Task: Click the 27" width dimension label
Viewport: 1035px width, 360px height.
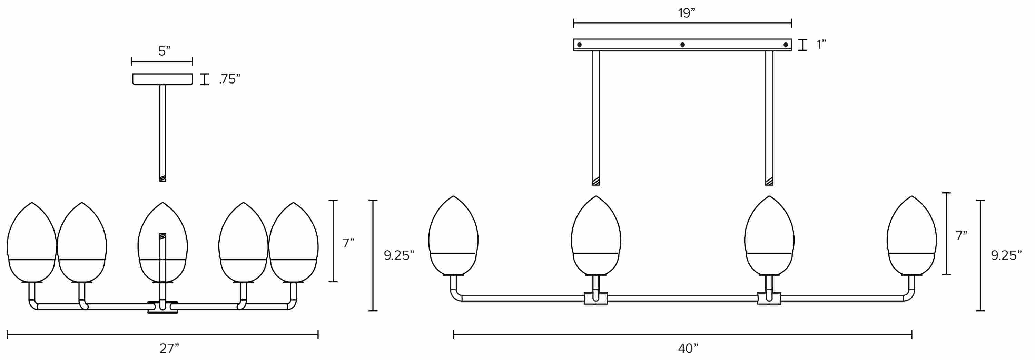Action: (169, 348)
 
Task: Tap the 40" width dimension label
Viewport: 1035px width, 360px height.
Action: (688, 348)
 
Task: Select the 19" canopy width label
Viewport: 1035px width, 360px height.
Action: (687, 13)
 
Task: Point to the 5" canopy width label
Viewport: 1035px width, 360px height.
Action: (164, 51)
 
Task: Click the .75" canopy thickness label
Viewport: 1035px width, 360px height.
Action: (230, 79)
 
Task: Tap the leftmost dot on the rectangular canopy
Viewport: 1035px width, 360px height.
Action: (579, 45)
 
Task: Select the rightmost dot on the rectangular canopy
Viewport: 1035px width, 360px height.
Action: (786, 45)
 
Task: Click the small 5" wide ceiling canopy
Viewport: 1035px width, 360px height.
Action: (163, 79)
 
